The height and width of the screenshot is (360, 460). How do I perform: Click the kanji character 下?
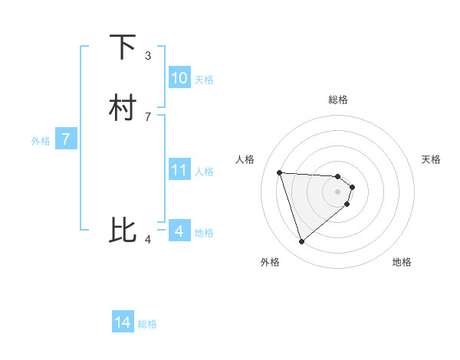pyautogui.click(x=123, y=47)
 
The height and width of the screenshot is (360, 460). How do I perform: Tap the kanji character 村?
pyautogui.click(x=123, y=108)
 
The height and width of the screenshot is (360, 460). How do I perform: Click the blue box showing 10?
pyautogui.click(x=179, y=78)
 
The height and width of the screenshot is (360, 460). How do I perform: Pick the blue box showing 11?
pyautogui.click(x=179, y=170)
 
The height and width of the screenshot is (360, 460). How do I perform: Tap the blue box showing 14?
pyautogui.click(x=123, y=323)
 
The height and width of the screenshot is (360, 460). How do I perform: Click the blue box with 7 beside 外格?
pyautogui.click(x=66, y=139)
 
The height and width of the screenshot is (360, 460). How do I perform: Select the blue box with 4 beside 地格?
pyautogui.click(x=179, y=231)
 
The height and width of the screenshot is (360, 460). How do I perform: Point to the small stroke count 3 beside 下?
pyautogui.click(x=148, y=56)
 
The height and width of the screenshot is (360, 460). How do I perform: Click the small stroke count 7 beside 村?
pyautogui.click(x=148, y=117)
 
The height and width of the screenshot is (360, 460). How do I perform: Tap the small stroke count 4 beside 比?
pyautogui.click(x=148, y=240)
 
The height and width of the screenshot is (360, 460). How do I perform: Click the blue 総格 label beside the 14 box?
pyautogui.click(x=147, y=324)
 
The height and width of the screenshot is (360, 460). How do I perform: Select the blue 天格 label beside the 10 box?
pyautogui.click(x=204, y=79)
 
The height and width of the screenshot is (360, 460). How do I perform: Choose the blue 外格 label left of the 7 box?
pyautogui.click(x=40, y=140)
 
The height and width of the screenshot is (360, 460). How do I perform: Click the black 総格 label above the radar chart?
pyautogui.click(x=338, y=100)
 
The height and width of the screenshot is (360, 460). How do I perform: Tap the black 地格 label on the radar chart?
pyautogui.click(x=402, y=262)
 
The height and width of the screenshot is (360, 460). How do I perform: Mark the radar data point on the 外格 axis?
pyautogui.click(x=302, y=242)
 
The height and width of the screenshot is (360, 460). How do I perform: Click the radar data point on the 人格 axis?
pyautogui.click(x=280, y=172)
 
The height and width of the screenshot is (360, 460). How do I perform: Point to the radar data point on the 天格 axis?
pyautogui.click(x=352, y=187)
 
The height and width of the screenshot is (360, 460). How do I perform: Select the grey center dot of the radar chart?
pyautogui.click(x=338, y=191)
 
